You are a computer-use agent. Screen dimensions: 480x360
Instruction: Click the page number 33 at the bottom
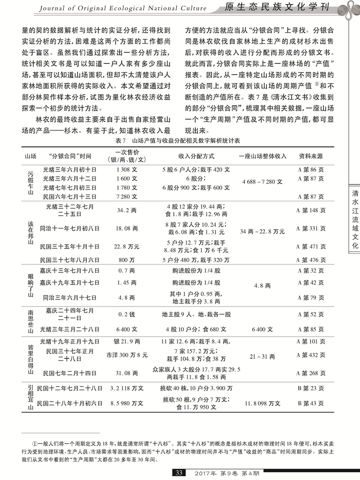point(179,473)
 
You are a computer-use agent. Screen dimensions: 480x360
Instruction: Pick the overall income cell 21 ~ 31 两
point(262,357)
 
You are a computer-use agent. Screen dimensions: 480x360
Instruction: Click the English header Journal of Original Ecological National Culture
point(122,8)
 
